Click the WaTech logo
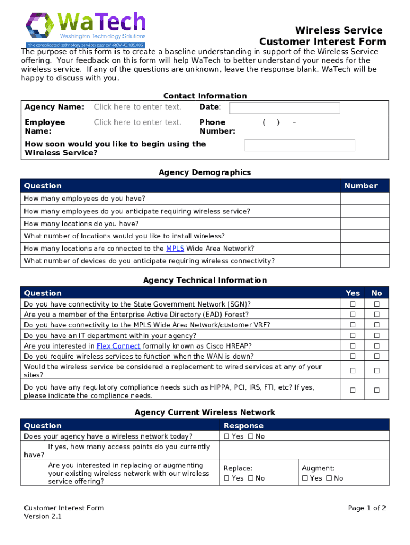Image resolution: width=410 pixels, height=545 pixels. (86, 30)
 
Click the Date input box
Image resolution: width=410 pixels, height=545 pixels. (284, 108)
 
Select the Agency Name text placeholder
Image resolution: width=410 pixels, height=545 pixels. (137, 107)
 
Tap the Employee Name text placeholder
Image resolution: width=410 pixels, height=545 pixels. (137, 122)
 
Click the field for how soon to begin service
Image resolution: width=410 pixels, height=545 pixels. (299, 145)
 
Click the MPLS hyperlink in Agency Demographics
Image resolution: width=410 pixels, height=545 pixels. (175, 249)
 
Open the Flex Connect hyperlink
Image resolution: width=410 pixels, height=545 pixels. (119, 346)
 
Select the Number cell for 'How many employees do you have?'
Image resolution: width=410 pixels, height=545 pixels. (365, 199)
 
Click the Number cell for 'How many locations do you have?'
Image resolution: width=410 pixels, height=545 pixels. (365, 224)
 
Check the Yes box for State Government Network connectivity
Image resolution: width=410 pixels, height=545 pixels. (352, 304)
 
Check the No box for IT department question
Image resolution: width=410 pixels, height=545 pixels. (376, 336)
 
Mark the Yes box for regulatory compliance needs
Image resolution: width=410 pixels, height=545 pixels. (352, 391)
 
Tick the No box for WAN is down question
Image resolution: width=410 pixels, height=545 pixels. (376, 357)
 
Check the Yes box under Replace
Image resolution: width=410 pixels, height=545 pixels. (226, 478)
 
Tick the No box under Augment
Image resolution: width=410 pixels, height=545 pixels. (329, 478)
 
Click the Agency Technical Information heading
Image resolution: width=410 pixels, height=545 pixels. (205, 280)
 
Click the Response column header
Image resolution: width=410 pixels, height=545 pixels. (243, 426)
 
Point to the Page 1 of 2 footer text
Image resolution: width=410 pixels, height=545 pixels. (367, 508)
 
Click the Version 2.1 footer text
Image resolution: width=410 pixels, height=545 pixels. (43, 517)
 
